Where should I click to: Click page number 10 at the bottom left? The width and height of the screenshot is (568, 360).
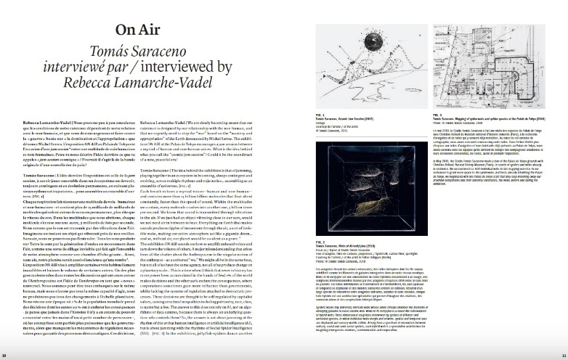[5, 354]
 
